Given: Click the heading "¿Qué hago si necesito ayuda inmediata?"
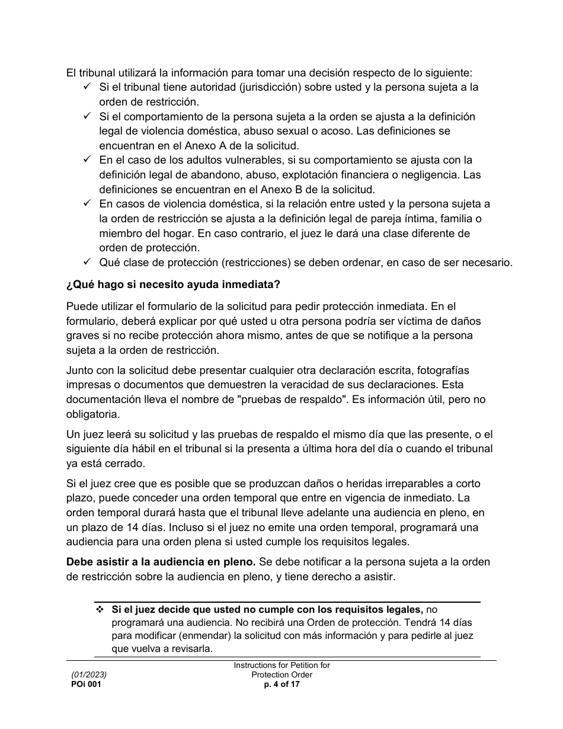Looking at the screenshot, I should pyautogui.click(x=173, y=284).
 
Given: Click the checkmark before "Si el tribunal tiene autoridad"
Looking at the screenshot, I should pyautogui.click(x=87, y=87).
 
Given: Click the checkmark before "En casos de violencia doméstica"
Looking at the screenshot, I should pyautogui.click(x=87, y=204).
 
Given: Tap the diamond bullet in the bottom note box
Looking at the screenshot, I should pyautogui.click(x=99, y=609).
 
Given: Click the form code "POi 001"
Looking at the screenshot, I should pyautogui.click(x=82, y=685).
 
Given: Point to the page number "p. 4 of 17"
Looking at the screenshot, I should pyautogui.click(x=281, y=685).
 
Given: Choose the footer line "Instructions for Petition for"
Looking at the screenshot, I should pyautogui.click(x=281, y=666).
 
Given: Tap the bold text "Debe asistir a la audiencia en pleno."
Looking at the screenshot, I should pyautogui.click(x=161, y=561).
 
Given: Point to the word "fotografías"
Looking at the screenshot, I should pyautogui.click(x=440, y=370).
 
